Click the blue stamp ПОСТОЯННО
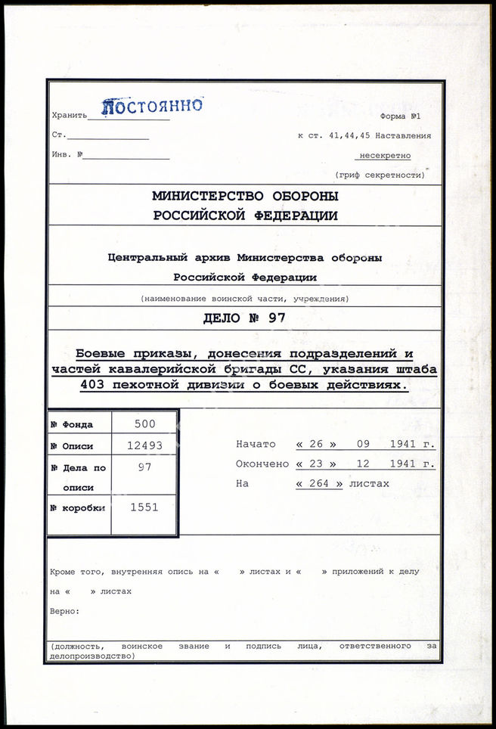coord(152,106)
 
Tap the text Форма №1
coord(401,116)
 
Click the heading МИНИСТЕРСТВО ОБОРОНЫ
coord(246,196)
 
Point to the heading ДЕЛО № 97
coord(245,318)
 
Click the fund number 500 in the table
coord(144,424)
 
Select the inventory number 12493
coord(144,445)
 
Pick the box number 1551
coord(144,507)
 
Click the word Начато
coord(256,444)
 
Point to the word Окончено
coord(262,464)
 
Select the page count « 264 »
coord(319,483)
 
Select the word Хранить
coord(70,116)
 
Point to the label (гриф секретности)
coord(380,175)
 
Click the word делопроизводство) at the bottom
coord(91,656)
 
